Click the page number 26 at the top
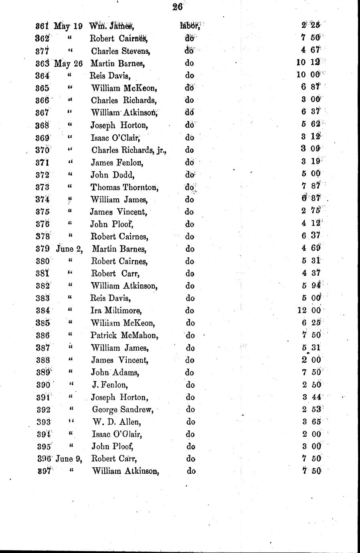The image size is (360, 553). pyautogui.click(x=177, y=6)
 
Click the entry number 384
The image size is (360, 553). pyautogui.click(x=42, y=311)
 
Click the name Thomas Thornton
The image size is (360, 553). pyautogui.click(x=124, y=187)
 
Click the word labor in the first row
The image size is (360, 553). pyautogui.click(x=190, y=26)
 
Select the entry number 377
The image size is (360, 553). pyautogui.click(x=42, y=51)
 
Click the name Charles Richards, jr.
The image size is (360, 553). pyautogui.click(x=128, y=150)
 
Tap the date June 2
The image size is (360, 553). pyautogui.click(x=69, y=249)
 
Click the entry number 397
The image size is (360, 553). pyautogui.click(x=42, y=471)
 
